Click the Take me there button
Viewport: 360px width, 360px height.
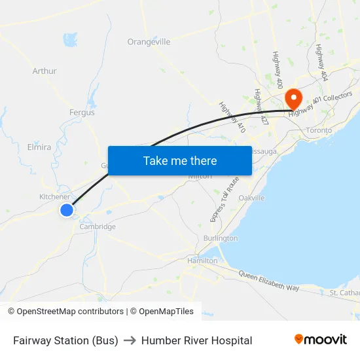[x=179, y=160]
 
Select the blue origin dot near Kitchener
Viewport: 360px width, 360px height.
[x=67, y=209]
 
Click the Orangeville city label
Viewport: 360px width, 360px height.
[x=149, y=42]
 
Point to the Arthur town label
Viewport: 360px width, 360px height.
[x=45, y=71]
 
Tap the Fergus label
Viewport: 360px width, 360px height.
[x=82, y=113]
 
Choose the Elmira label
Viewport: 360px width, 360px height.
[x=39, y=147]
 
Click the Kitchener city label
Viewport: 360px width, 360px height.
[x=54, y=196]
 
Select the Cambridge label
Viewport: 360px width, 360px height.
[x=98, y=226]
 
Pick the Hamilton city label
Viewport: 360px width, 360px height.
[x=202, y=261]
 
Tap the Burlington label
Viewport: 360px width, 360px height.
[x=221, y=238]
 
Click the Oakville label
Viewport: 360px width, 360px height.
[x=251, y=198]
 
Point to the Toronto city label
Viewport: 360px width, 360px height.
[x=319, y=130]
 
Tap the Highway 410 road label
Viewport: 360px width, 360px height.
[x=232, y=118]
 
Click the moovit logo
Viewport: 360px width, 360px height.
[x=320, y=340]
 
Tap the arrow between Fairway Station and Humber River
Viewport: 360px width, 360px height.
[x=130, y=340]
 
